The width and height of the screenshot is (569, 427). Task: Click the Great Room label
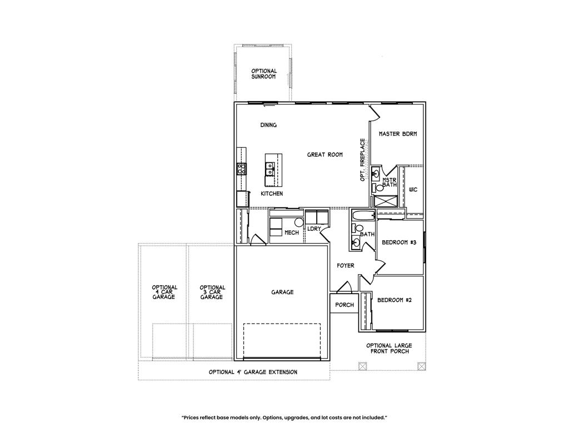[325, 155]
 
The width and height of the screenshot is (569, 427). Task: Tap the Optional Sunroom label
[264, 74]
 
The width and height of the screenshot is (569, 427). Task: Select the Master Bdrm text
[398, 133]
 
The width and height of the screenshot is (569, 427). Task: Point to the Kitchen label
[272, 193]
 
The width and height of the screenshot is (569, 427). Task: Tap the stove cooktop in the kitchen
[241, 168]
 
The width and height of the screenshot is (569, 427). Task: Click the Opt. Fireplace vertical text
[362, 160]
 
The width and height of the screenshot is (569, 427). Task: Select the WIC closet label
[413, 190]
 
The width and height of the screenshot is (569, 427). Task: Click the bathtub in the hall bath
[363, 215]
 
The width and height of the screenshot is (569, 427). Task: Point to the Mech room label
[292, 232]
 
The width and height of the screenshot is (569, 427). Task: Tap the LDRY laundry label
[314, 229]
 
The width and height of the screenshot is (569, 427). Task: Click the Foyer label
[346, 265]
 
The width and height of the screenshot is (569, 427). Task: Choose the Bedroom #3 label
[399, 242]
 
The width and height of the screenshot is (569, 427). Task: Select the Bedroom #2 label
[395, 300]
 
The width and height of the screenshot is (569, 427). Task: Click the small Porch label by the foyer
[345, 305]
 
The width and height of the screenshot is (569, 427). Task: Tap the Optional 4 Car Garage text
[164, 292]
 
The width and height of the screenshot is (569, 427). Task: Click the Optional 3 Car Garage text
[212, 292]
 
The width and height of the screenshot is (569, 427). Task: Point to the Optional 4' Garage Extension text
[253, 372]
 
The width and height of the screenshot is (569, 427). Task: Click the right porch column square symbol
[421, 366]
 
